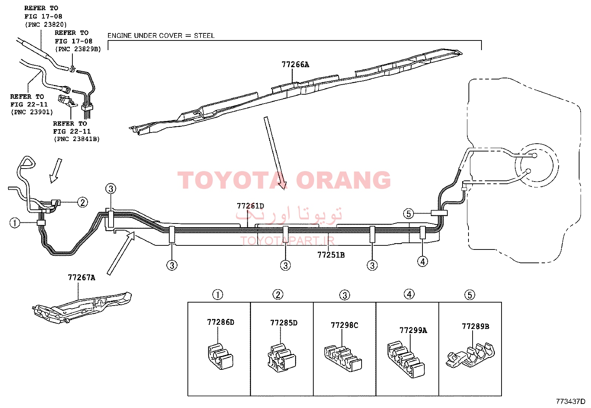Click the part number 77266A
pyautogui.click(x=295, y=65)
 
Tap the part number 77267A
pyautogui.click(x=82, y=278)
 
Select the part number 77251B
pyautogui.click(x=331, y=255)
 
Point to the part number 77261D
pyautogui.click(x=250, y=206)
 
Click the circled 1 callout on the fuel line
pyautogui.click(x=15, y=223)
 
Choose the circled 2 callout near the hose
pyautogui.click(x=82, y=202)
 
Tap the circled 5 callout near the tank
pyautogui.click(x=408, y=213)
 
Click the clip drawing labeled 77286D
pyautogui.click(x=220, y=356)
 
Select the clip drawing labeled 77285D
pyautogui.click(x=282, y=358)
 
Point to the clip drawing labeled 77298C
pyautogui.click(x=343, y=358)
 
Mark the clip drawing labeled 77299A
pyautogui.click(x=406, y=359)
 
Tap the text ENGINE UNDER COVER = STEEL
pyautogui.click(x=161, y=36)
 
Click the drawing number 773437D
pyautogui.click(x=571, y=401)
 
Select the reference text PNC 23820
pyautogui.click(x=46, y=25)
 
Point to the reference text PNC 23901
pyautogui.click(x=32, y=112)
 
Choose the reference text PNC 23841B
pyautogui.click(x=77, y=139)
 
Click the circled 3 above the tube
pyautogui.click(x=111, y=189)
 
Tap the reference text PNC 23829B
pyautogui.click(x=78, y=49)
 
